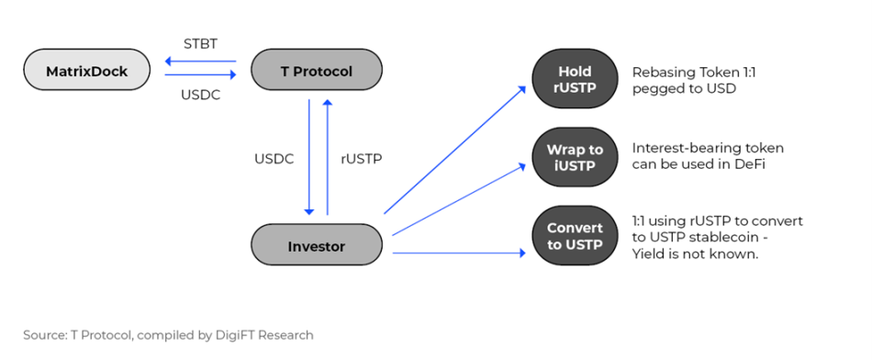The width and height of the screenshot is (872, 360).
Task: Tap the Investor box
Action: click(317, 246)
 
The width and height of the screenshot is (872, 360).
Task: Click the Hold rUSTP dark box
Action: click(575, 79)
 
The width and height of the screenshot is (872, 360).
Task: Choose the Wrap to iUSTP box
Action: click(575, 157)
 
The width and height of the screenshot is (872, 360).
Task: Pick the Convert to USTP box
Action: click(575, 236)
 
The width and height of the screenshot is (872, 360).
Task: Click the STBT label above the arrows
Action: click(200, 44)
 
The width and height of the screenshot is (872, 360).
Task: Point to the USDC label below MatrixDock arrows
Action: click(200, 96)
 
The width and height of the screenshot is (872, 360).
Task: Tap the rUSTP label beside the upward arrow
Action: click(361, 159)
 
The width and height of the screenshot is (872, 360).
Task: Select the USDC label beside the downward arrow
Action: click(274, 159)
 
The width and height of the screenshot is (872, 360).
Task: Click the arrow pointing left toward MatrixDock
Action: click(201, 62)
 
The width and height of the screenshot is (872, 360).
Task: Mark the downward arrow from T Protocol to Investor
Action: click(309, 157)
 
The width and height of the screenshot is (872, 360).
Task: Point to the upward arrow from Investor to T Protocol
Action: click(327, 156)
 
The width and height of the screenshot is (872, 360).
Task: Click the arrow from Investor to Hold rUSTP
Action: click(455, 150)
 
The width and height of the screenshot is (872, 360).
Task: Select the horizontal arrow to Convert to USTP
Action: click(459, 253)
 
